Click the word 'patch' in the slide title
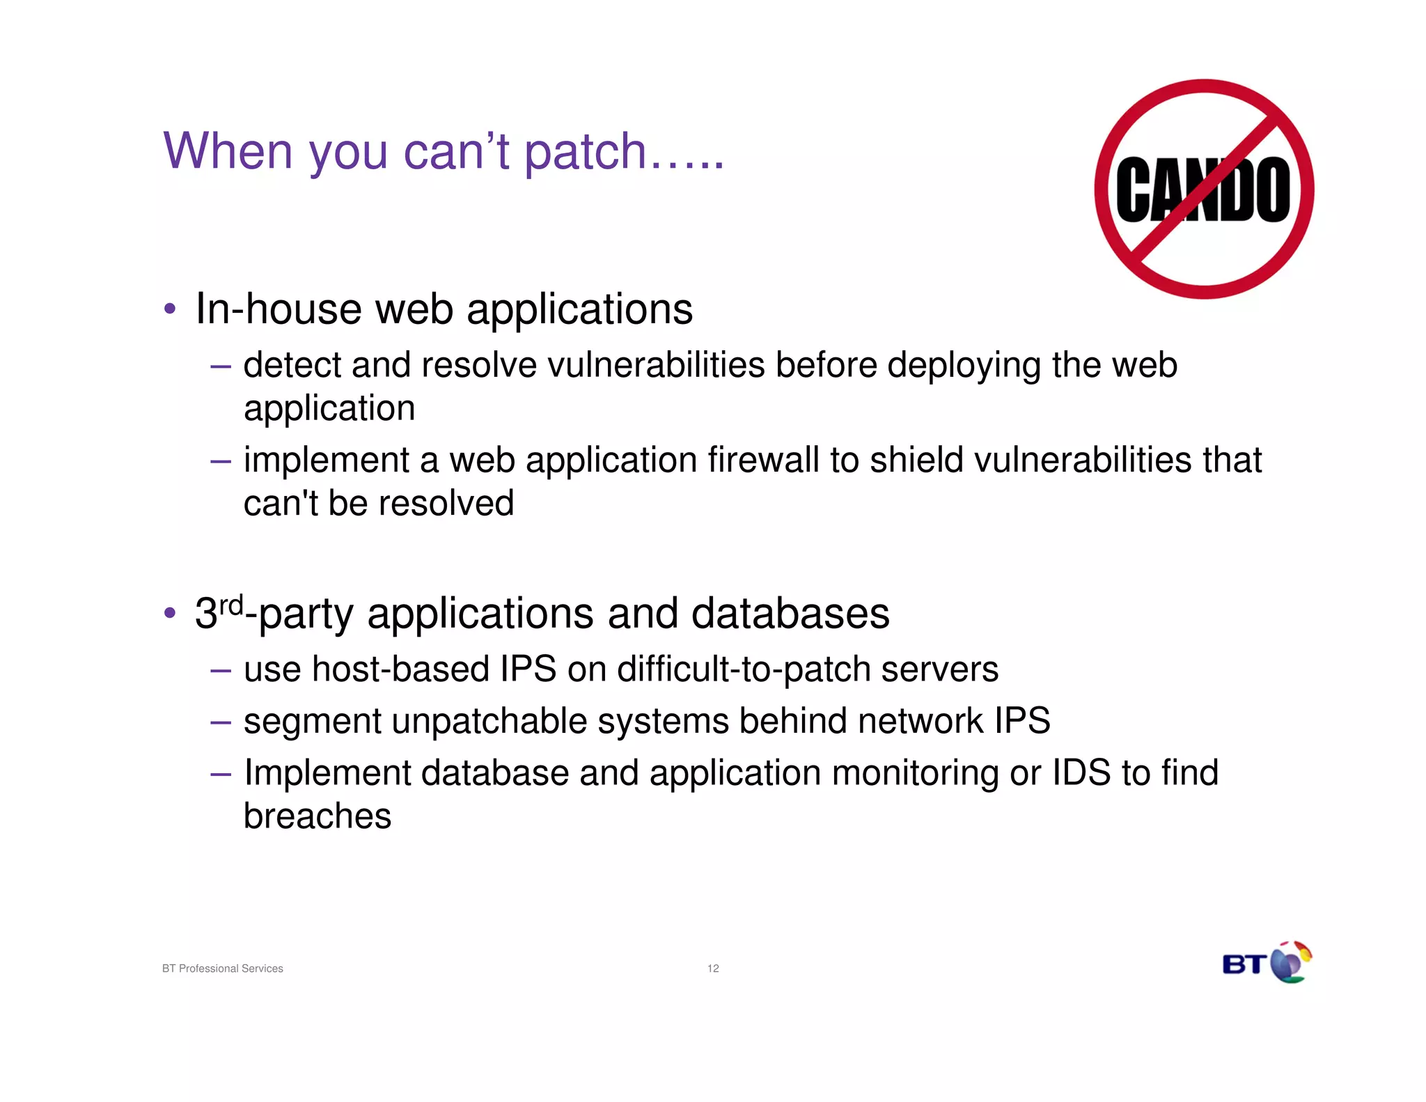585,152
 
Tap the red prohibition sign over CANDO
1204,189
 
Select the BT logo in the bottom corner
1267,963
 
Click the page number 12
713,968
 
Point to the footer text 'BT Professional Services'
223,968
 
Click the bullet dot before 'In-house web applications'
170,309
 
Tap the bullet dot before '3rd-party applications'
170,614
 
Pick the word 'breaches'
318,816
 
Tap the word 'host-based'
400,669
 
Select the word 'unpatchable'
489,722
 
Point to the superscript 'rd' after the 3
231,605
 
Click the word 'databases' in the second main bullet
790,614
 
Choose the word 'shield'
917,460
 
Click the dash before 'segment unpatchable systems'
220,722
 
